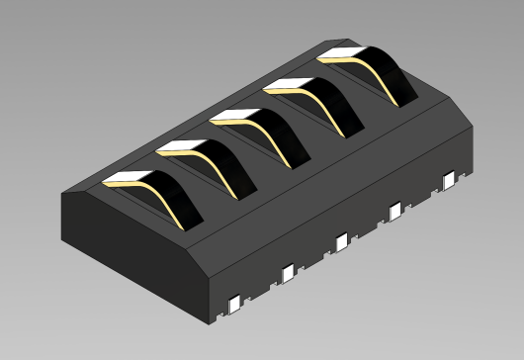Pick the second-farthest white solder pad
click(x=396, y=210)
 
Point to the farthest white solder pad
click(x=450, y=178)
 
